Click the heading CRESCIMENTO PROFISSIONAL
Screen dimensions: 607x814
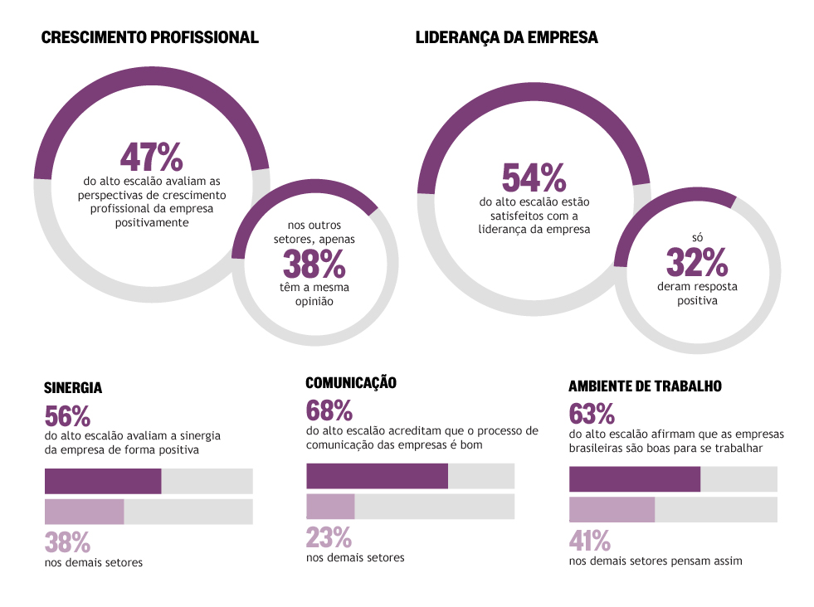click(149, 37)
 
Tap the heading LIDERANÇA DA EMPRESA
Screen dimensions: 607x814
click(506, 37)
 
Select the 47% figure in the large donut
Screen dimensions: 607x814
click(151, 157)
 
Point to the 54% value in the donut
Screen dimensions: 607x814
click(534, 178)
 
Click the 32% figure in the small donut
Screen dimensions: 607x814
click(696, 264)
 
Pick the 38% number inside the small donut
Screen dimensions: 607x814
click(314, 265)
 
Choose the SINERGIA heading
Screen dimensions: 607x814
click(73, 387)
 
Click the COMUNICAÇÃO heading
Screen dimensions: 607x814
click(351, 382)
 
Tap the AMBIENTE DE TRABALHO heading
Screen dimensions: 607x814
click(645, 386)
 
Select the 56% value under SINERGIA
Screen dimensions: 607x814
click(67, 415)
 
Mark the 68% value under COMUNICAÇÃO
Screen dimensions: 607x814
click(329, 410)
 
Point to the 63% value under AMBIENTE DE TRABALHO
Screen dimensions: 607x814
click(592, 413)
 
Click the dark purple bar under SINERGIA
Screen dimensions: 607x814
click(103, 481)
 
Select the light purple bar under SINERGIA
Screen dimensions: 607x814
click(84, 512)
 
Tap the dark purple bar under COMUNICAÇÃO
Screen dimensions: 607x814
click(377, 476)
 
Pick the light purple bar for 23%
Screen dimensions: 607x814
click(330, 507)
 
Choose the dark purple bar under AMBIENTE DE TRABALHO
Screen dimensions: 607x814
click(635, 479)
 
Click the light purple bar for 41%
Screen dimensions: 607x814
click(612, 509)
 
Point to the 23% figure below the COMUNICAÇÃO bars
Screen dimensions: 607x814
click(329, 537)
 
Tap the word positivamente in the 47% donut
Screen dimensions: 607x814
click(151, 222)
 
